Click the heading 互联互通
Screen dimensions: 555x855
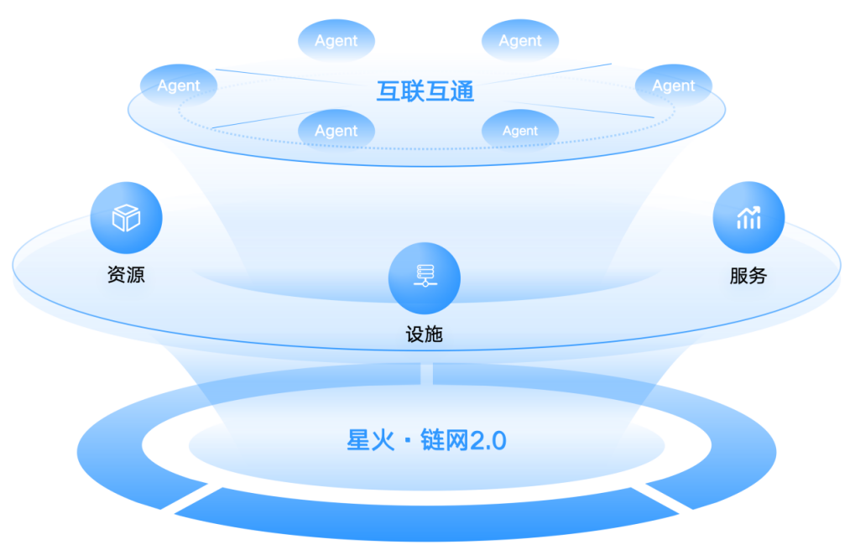click(425, 90)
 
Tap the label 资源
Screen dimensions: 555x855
click(126, 274)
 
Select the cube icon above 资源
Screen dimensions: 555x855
click(126, 218)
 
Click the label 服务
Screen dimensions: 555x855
click(748, 276)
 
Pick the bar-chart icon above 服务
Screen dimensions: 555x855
click(748, 218)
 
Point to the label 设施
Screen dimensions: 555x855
click(424, 335)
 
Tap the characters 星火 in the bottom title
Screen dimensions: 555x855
click(370, 440)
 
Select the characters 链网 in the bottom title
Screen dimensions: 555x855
click(444, 440)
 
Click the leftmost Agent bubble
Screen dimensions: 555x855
click(178, 86)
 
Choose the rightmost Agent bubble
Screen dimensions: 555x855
click(674, 86)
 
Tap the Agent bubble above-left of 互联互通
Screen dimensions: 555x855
click(336, 40)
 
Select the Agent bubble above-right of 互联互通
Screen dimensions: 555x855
click(520, 40)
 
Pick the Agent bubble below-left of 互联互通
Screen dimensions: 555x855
click(336, 131)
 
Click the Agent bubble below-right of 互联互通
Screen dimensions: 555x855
click(520, 131)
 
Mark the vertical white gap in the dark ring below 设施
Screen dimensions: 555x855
click(426, 373)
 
